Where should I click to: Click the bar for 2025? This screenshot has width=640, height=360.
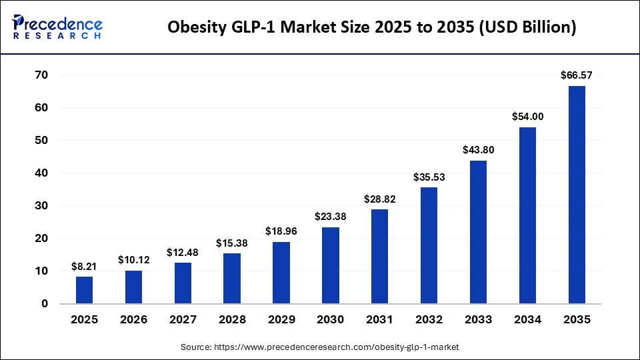(85, 290)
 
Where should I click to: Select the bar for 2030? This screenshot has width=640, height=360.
(331, 265)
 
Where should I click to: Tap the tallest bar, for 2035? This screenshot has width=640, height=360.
(577, 195)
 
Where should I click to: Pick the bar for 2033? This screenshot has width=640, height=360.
(478, 232)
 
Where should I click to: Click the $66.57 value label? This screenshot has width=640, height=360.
(577, 76)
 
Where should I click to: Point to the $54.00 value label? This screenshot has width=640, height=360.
(527, 117)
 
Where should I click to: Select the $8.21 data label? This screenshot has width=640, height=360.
(85, 267)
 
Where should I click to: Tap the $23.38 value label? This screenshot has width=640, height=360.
(331, 217)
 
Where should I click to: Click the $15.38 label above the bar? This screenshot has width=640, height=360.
(232, 243)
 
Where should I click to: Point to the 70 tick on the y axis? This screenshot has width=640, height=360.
(41, 75)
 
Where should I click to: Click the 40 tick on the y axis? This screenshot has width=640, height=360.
(41, 173)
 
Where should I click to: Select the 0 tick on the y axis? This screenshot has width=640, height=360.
(45, 303)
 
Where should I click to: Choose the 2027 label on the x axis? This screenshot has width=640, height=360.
(183, 320)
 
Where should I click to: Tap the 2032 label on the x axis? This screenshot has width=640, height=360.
(429, 320)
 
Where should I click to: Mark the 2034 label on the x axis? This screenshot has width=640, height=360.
(527, 320)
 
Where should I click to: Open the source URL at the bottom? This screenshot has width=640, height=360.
(320, 347)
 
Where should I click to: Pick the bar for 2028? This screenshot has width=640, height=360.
(232, 279)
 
